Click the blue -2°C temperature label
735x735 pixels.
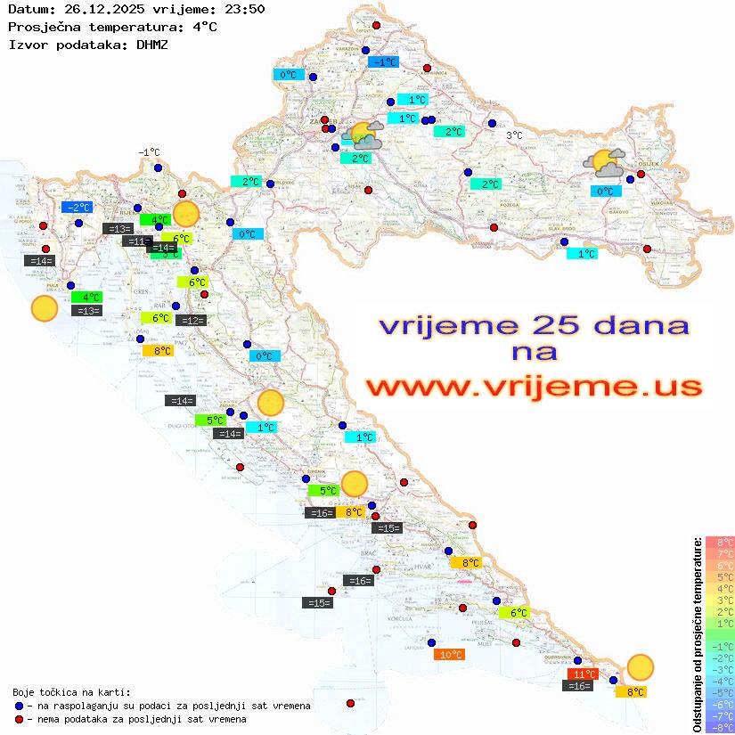pos(77,207)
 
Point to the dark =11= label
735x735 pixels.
pos(137,241)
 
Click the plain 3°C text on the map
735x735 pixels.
pos(514,135)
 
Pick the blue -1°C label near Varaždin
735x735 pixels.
pos(383,62)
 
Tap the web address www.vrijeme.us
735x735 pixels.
pos(534,388)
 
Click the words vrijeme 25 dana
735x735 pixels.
pos(534,325)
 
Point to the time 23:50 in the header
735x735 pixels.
pos(243,9)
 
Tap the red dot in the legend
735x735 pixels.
pos(20,719)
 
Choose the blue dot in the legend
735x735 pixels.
pos(20,706)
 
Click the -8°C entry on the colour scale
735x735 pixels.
pos(720,728)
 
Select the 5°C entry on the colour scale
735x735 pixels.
pos(720,576)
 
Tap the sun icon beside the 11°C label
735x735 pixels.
pos(640,666)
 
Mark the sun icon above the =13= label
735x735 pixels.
pos(44,308)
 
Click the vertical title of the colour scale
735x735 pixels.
pos(697,635)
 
